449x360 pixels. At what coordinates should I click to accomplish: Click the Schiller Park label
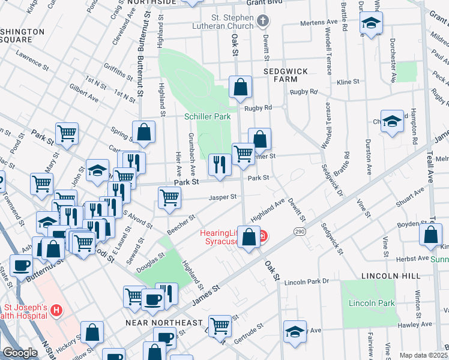[207, 116]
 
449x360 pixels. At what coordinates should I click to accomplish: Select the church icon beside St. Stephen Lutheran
[262, 22]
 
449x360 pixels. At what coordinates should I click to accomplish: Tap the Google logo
[20, 353]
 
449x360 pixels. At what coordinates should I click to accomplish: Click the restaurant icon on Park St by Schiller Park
[220, 164]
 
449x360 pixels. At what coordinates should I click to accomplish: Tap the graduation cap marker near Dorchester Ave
[372, 25]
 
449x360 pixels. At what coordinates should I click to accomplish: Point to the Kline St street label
[348, 82]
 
